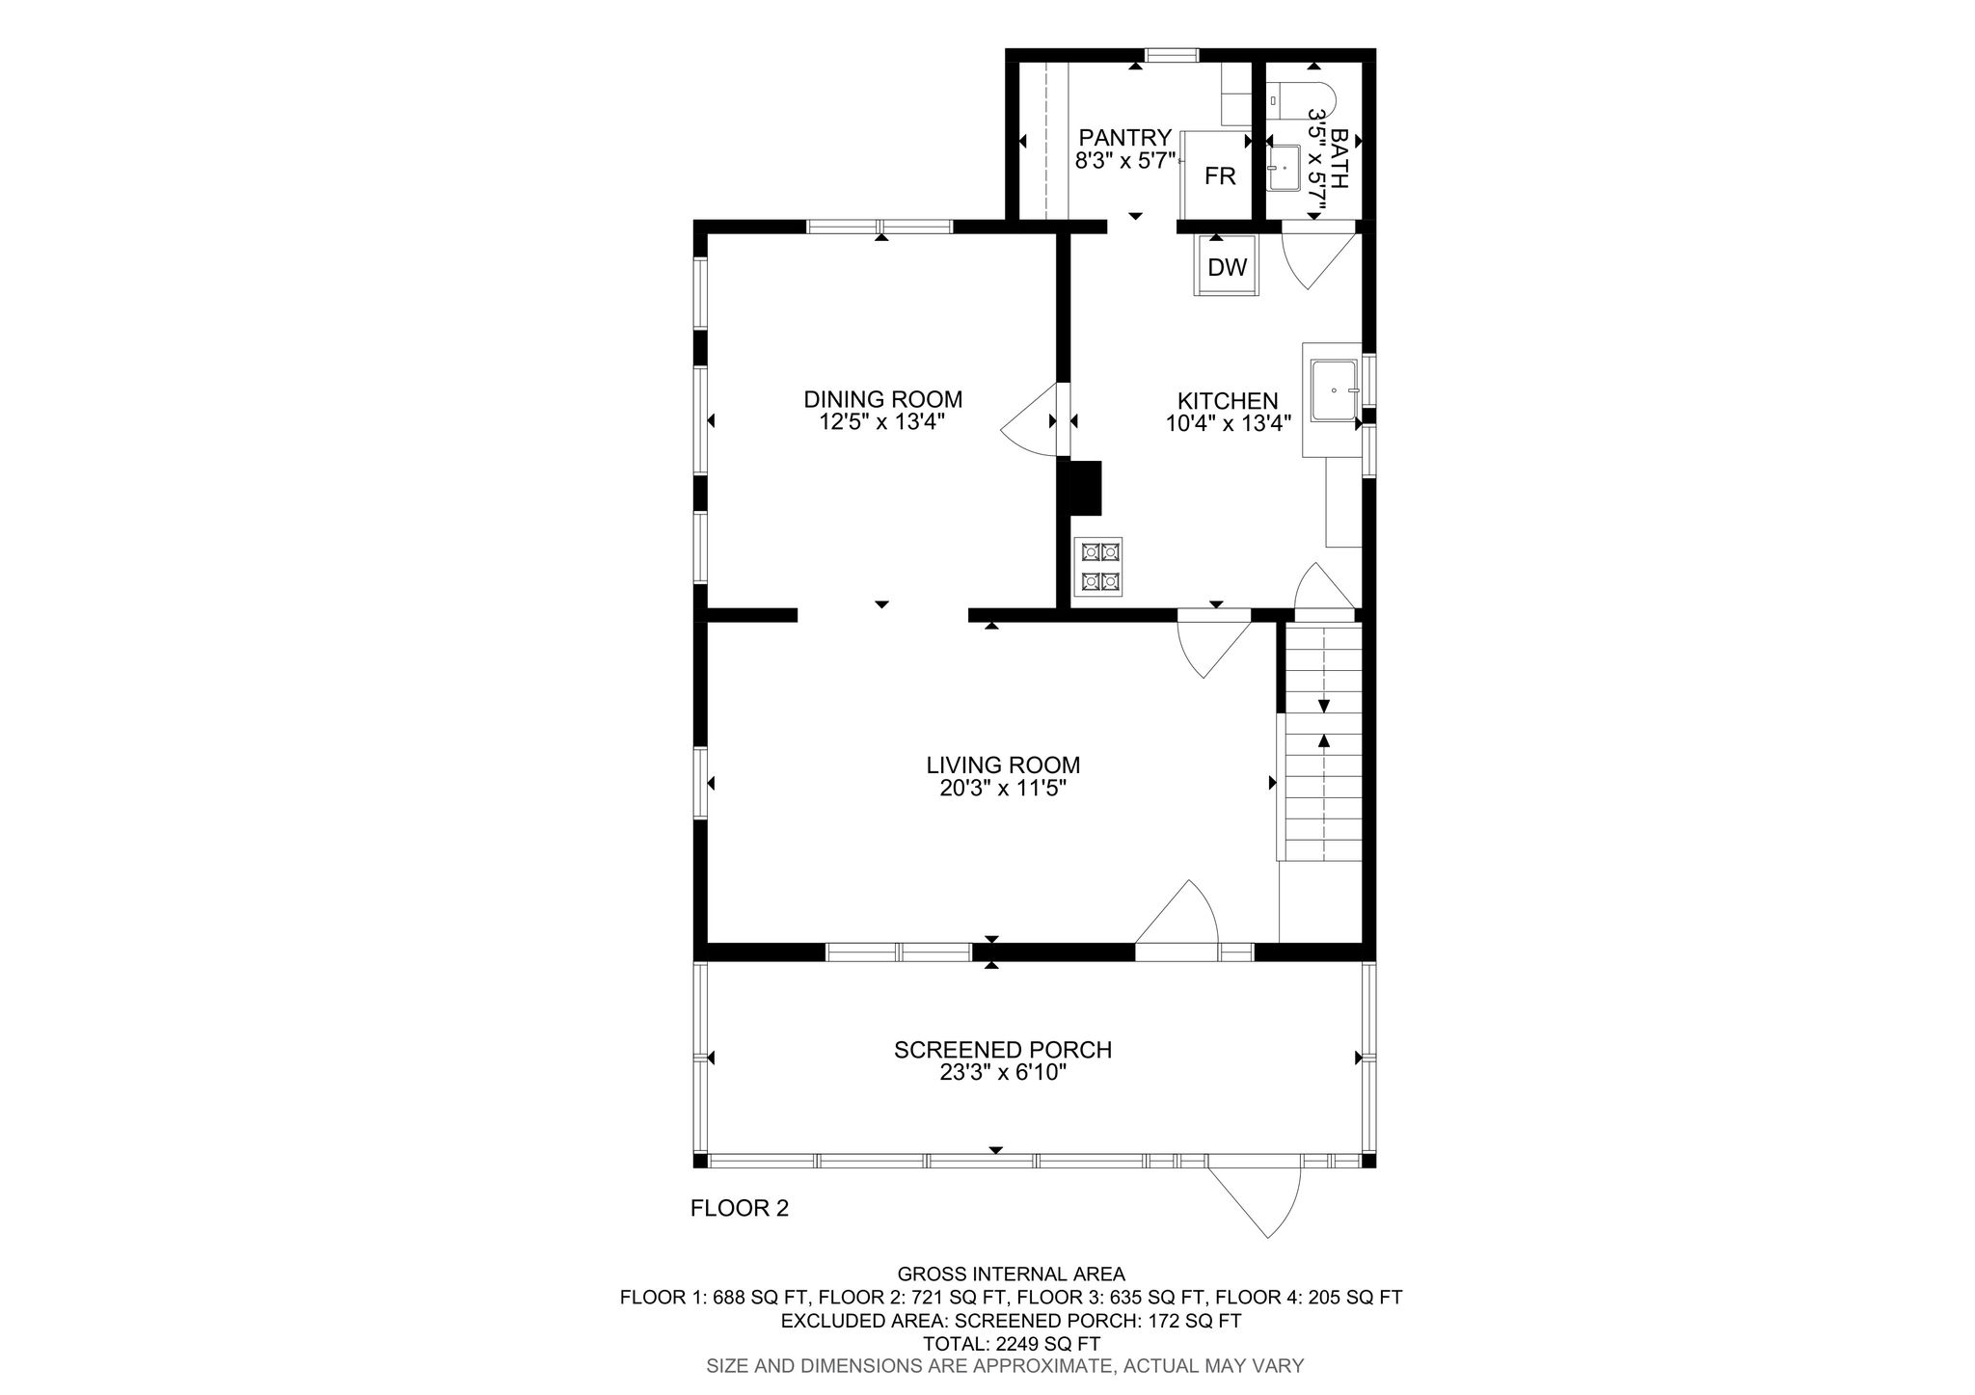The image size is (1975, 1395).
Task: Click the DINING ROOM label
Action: coord(883,399)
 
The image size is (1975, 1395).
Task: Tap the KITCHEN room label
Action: coord(1228,401)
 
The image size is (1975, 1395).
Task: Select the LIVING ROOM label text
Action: coord(1003,765)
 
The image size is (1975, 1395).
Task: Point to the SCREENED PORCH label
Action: coord(1003,1050)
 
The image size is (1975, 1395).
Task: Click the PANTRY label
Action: coord(1125,138)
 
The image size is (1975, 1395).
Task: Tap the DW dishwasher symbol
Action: coord(1227,266)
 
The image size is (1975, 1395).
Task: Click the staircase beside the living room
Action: coord(1322,741)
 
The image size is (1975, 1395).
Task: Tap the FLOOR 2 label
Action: coord(740,1208)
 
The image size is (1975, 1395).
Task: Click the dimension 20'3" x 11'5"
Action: coord(1003,789)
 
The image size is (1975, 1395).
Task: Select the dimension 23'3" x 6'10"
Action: coord(1003,1073)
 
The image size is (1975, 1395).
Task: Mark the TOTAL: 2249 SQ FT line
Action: coord(1012,1344)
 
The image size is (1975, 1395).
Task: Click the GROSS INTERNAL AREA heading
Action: coord(1012,1274)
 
